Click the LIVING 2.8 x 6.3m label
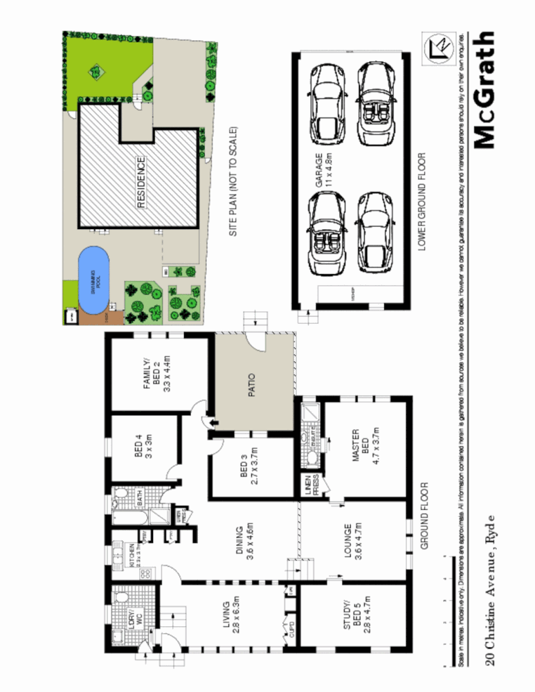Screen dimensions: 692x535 [230, 614]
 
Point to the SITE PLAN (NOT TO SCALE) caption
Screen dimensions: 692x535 [233, 182]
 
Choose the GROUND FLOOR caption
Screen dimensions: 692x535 [424, 515]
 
